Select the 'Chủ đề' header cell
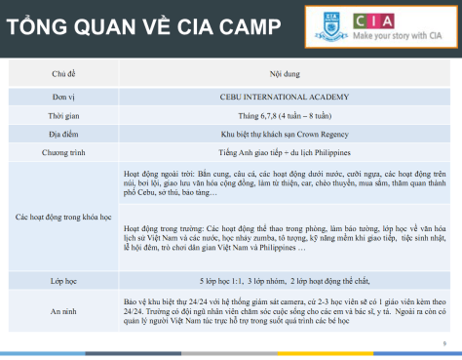click(63, 73)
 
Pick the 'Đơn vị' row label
click(63, 99)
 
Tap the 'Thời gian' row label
click(63, 116)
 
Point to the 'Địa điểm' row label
click(63, 134)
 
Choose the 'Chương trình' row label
click(63, 151)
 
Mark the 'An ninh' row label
click(63, 309)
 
